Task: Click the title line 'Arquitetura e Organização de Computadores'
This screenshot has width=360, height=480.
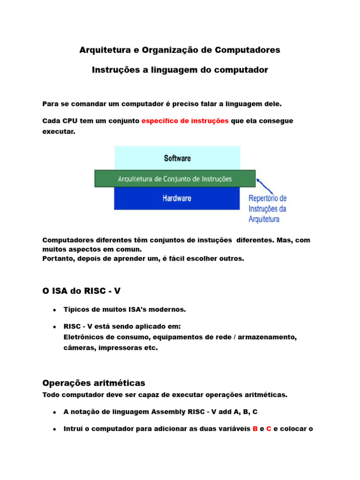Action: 180,50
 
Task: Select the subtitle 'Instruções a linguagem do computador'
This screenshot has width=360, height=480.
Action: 180,70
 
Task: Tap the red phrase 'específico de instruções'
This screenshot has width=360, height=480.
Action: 185,121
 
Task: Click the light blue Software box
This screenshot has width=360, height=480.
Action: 177,158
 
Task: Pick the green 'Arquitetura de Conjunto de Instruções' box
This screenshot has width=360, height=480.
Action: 175,179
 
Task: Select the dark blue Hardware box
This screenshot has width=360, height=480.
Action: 177,199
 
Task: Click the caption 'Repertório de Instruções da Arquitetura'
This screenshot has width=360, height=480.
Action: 267,209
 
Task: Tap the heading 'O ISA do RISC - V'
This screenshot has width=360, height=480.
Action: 82,291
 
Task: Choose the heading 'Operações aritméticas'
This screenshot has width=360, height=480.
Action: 94,383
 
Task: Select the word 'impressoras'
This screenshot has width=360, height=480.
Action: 120,348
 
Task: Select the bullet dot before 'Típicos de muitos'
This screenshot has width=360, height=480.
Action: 55,310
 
